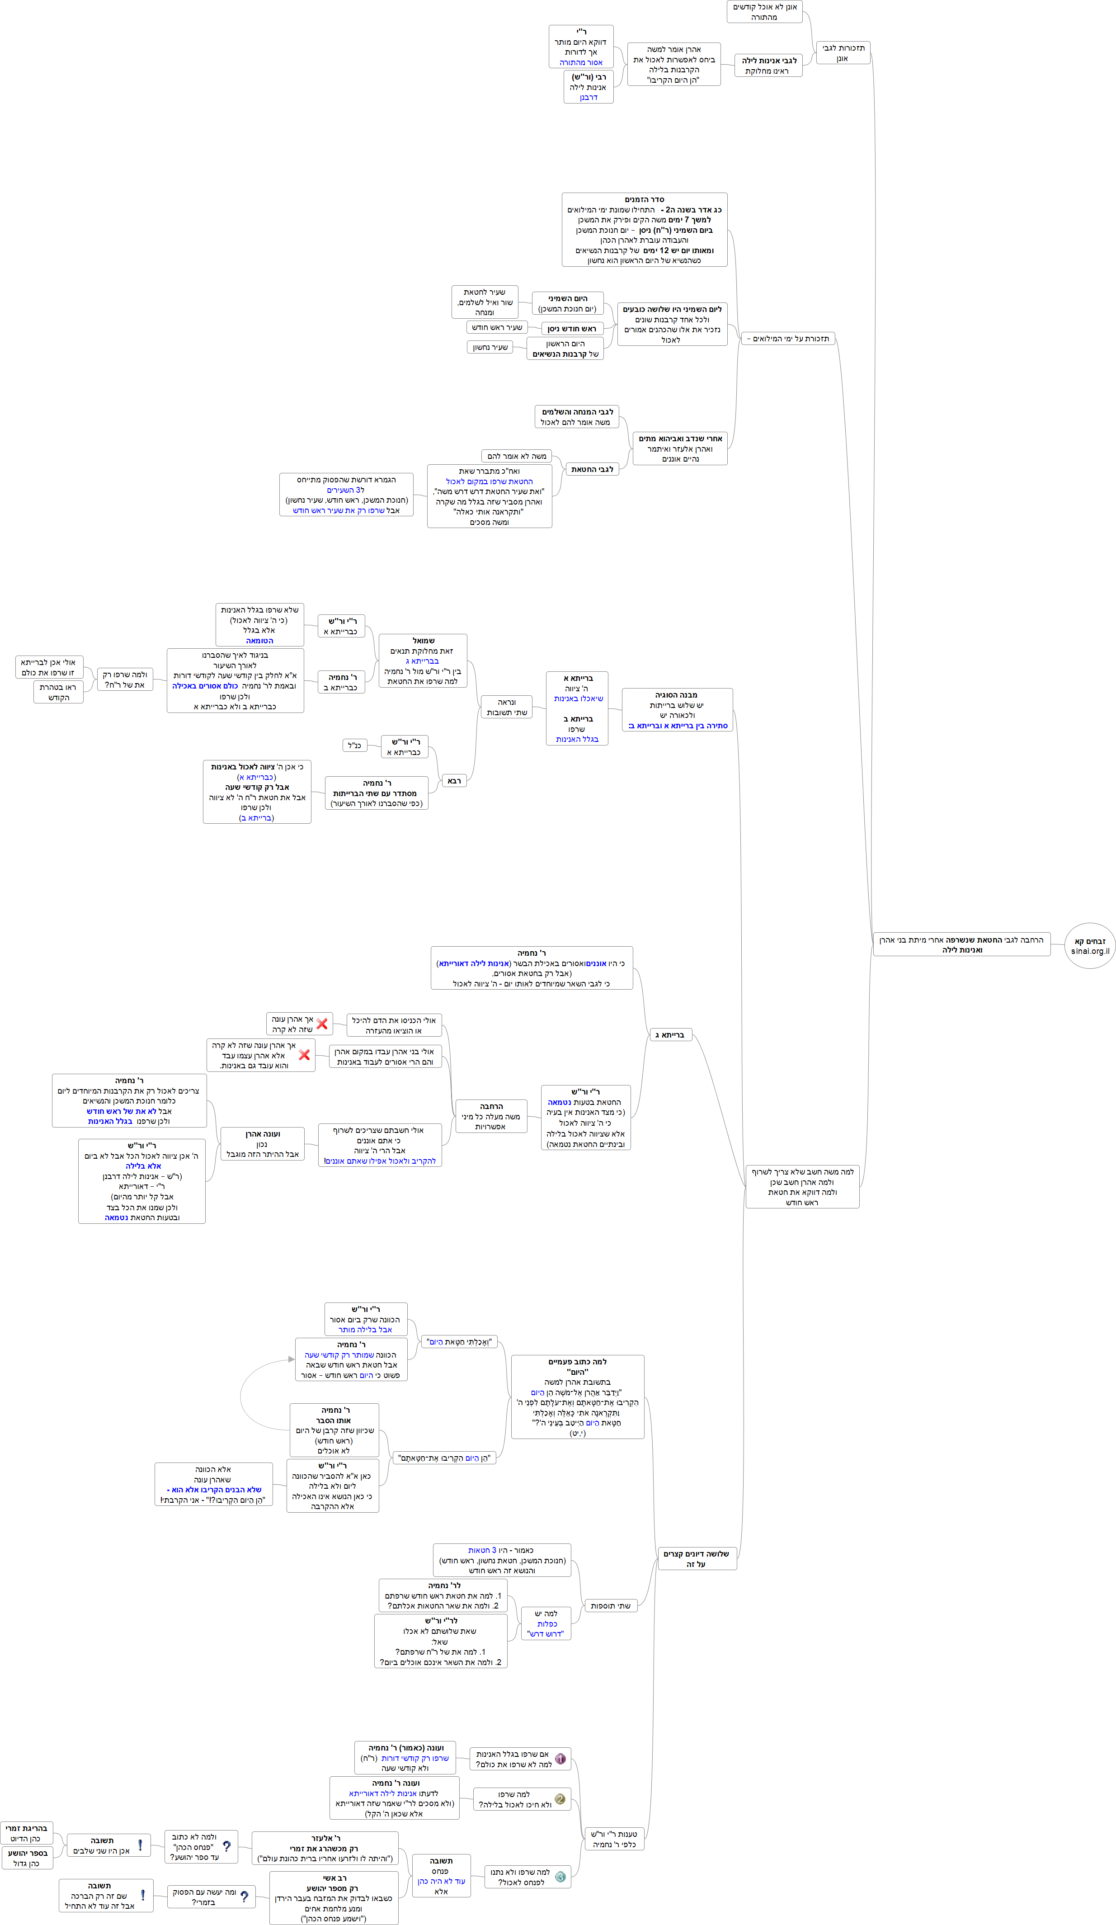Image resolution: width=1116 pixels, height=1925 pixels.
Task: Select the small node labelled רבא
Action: (454, 781)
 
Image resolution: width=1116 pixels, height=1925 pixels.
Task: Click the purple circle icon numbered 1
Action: (560, 1759)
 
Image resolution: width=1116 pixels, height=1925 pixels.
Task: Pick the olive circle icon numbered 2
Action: (560, 1799)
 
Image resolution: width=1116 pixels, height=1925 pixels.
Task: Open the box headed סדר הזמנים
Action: (644, 229)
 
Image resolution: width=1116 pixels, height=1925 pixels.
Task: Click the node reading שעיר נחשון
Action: (490, 347)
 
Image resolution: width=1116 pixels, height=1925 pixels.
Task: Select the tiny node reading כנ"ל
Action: (354, 745)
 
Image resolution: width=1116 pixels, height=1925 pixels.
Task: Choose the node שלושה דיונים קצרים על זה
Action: (696, 1558)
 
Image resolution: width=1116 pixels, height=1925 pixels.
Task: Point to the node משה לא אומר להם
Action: (516, 456)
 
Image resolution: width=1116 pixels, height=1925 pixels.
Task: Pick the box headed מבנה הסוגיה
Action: (677, 710)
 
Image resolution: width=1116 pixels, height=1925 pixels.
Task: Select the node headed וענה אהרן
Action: (262, 1143)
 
